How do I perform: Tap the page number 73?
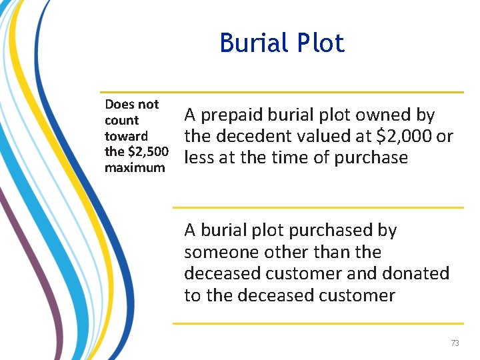(455, 343)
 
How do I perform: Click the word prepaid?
(232, 115)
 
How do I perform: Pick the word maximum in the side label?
(135, 168)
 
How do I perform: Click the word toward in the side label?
(127, 136)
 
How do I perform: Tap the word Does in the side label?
(119, 104)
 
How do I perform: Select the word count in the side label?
(121, 120)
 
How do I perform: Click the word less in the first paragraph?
(199, 158)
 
